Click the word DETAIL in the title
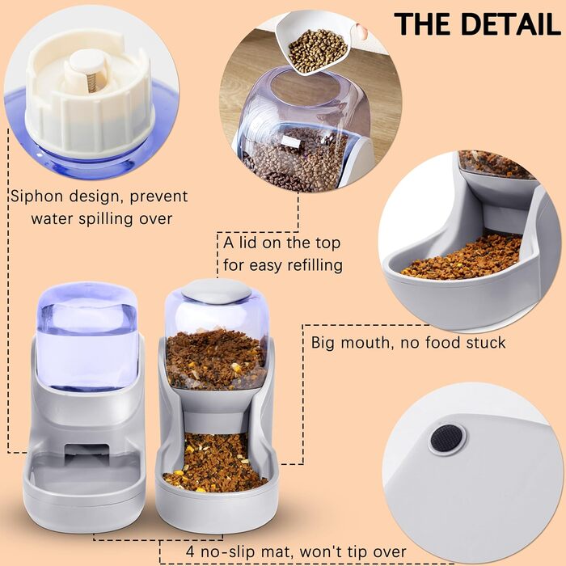tap(511, 24)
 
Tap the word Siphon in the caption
tap(36, 196)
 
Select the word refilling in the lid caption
tap(315, 265)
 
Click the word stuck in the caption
tap(485, 342)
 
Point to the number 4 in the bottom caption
tap(190, 551)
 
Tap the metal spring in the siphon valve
tap(92, 82)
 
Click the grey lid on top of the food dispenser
tap(217, 290)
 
